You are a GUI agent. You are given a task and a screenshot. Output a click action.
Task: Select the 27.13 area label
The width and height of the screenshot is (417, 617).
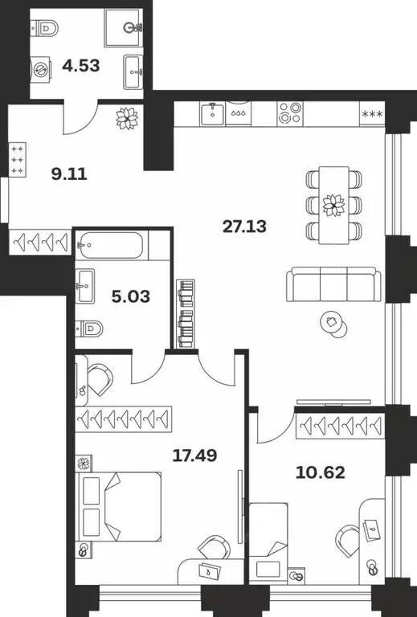pos(243,226)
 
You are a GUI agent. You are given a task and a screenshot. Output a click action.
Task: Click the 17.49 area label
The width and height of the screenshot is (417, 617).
pos(195,456)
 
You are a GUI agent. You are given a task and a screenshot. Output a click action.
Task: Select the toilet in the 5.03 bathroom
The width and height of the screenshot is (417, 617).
pos(92,329)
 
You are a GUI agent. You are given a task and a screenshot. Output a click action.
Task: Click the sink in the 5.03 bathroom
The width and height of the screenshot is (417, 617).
pos(88,283)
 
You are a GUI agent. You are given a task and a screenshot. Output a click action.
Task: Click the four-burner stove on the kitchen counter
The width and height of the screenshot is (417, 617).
pos(290,112)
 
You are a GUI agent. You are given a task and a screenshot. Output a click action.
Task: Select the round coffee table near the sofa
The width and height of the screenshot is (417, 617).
pos(331,322)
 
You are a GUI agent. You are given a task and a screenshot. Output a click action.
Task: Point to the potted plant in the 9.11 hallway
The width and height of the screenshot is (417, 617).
pos(126,120)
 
